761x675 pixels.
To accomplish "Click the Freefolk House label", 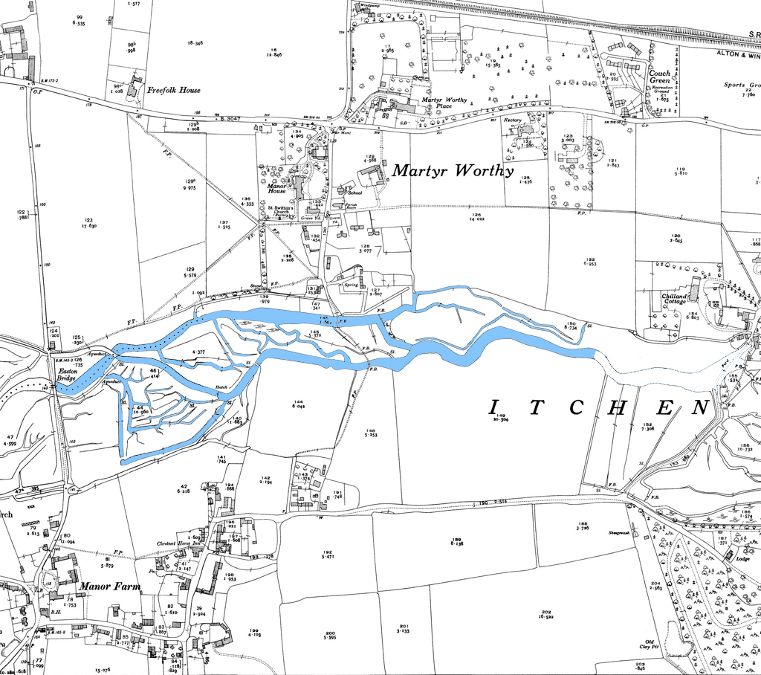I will [173, 91].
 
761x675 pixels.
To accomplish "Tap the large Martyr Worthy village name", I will [453, 171].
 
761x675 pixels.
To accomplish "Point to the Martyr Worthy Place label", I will [446, 103].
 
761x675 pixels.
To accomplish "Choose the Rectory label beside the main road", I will [513, 120].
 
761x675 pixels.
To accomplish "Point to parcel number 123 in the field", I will [89, 220].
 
